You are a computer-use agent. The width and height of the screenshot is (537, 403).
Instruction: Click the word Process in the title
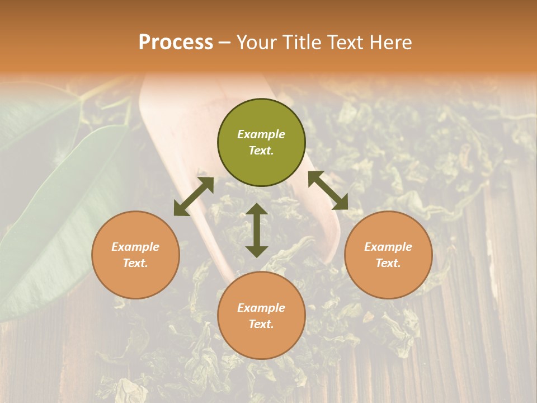click(176, 43)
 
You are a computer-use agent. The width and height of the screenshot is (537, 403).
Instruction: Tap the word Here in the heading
click(390, 43)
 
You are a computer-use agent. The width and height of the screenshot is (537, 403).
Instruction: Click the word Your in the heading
click(257, 43)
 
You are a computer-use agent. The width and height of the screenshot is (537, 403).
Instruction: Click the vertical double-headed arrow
click(257, 230)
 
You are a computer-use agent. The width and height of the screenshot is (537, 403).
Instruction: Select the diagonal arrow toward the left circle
click(194, 196)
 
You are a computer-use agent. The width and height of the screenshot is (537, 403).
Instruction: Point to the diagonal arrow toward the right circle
click(328, 190)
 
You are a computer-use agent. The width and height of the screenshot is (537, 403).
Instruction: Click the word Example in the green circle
click(261, 134)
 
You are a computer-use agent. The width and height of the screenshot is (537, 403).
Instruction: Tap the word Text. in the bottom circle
click(261, 324)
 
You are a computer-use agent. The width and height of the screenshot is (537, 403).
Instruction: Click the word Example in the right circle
click(388, 247)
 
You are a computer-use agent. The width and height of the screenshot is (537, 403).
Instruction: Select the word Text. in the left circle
click(135, 263)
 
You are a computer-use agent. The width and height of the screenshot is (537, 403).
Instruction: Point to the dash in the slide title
click(225, 43)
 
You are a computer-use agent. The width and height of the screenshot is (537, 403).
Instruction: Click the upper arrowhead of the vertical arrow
click(257, 209)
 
